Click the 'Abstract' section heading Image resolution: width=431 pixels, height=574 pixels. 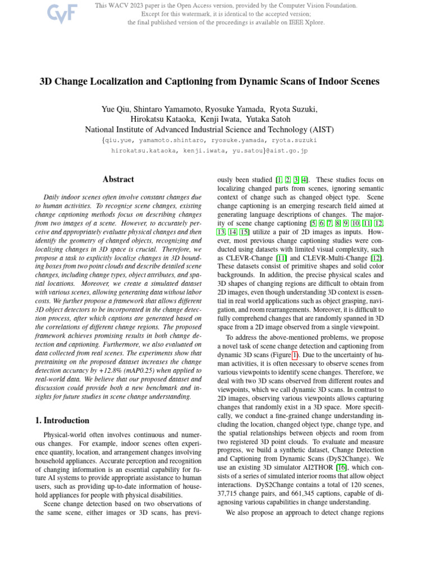pyautogui.click(x=118, y=179)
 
